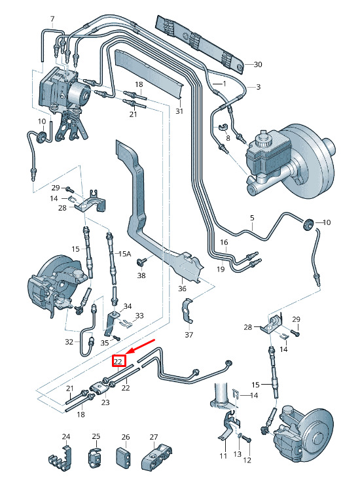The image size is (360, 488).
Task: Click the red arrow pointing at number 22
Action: [x=141, y=347]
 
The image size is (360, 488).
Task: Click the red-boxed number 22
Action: [x=118, y=361]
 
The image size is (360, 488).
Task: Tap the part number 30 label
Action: [x=258, y=64]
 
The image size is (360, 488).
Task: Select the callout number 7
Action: [x=52, y=19]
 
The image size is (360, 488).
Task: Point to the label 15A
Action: [x=124, y=254]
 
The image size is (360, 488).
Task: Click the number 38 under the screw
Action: [x=141, y=275]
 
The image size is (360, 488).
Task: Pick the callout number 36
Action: [x=182, y=288]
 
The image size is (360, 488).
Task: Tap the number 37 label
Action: [x=189, y=334]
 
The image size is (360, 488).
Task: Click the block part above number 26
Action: [x=123, y=458]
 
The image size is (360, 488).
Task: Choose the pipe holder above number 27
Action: [x=156, y=457]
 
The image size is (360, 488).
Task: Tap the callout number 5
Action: [x=252, y=218]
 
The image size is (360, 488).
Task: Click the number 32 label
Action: [x=69, y=341]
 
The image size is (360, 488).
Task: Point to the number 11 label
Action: [x=223, y=456]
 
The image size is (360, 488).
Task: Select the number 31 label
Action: [x=179, y=111]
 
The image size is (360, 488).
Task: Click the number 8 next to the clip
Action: [x=228, y=138]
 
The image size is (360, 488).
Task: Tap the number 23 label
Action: [x=105, y=402]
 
